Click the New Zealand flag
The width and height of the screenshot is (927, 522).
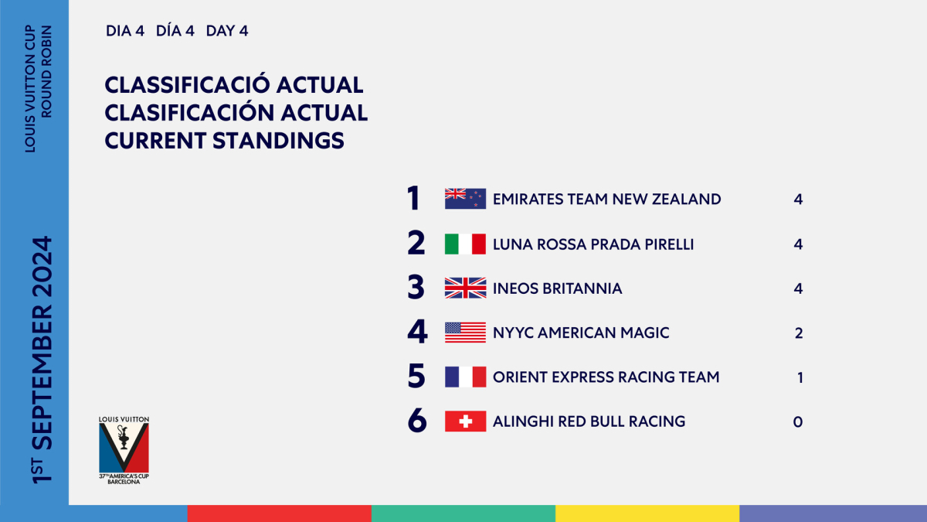point(465,199)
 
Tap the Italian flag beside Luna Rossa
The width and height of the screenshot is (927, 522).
point(465,244)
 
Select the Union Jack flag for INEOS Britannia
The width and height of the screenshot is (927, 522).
point(465,288)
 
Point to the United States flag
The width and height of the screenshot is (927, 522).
point(465,333)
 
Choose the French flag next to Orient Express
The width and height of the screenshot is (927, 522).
point(465,377)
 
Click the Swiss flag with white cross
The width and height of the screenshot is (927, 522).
point(465,421)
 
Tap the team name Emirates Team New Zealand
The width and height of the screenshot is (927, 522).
point(606,200)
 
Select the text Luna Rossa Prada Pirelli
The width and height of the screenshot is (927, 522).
point(593,244)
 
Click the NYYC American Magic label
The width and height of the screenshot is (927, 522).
point(581,333)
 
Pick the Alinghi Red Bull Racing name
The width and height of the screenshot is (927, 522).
point(589,421)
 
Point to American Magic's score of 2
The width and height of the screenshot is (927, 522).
point(799,333)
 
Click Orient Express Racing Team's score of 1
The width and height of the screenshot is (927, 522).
point(800,377)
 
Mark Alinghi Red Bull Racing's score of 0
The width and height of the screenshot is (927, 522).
point(798,421)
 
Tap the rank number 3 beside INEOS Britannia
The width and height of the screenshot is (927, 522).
point(416,288)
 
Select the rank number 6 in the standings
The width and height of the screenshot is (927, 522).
point(416,421)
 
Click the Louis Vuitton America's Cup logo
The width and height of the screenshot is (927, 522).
point(124,450)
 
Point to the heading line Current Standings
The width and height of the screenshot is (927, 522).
point(224,141)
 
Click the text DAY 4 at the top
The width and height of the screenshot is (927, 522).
point(227,31)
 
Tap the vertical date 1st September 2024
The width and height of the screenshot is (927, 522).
point(42,360)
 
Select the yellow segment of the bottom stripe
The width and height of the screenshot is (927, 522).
point(647,513)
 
